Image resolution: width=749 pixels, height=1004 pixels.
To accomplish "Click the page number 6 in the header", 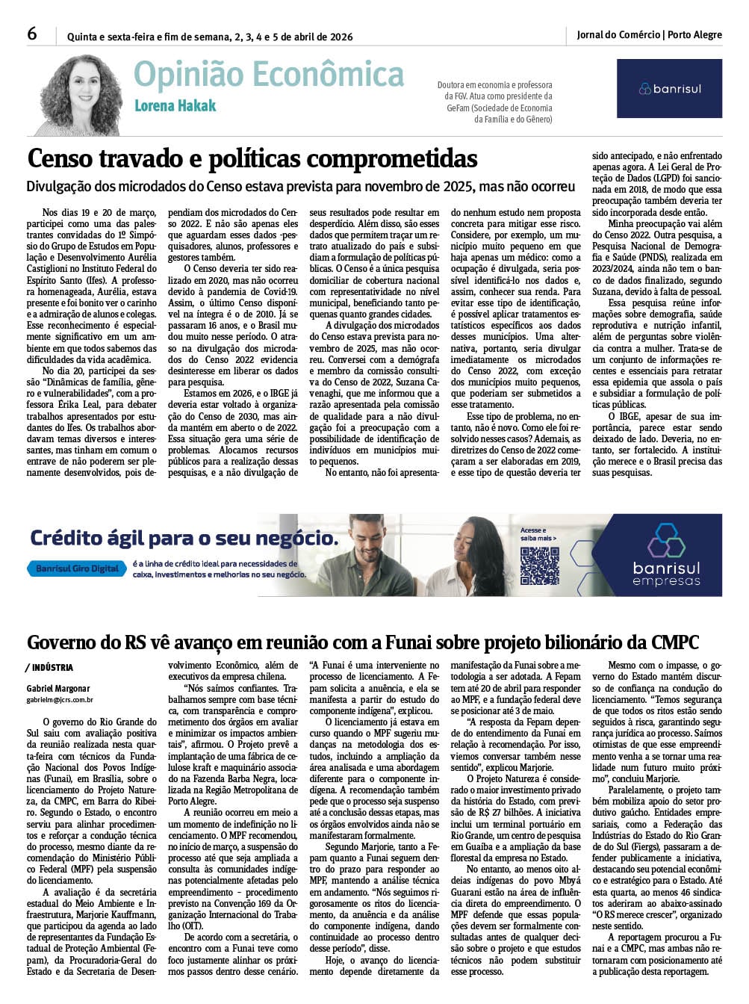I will tap(32, 34).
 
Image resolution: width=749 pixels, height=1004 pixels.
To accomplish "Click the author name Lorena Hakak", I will tap(175, 106).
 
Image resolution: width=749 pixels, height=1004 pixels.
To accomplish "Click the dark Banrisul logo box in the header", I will tap(669, 89).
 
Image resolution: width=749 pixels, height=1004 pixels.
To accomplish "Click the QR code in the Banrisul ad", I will tap(538, 565).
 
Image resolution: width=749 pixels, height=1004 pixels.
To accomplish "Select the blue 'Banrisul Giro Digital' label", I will tap(77, 568).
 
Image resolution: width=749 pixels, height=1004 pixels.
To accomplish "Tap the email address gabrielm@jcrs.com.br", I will tap(59, 700).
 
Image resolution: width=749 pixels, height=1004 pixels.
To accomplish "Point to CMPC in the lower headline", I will tap(674, 642).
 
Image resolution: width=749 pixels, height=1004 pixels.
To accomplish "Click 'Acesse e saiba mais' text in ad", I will tap(538, 533).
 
